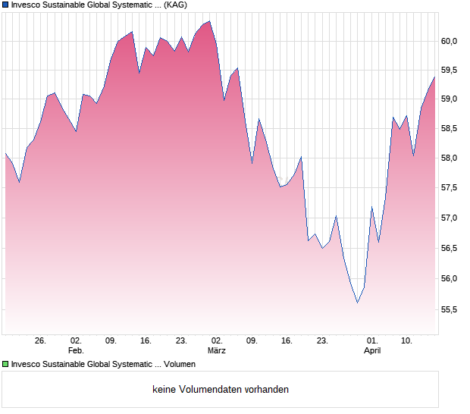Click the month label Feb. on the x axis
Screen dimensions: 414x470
coord(76,351)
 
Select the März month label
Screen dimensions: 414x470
coord(217,351)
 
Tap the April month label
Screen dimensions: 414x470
coord(372,351)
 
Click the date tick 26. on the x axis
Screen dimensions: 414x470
coord(41,341)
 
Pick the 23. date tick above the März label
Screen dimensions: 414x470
coord(181,341)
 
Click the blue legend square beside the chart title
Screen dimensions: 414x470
coord(5,5)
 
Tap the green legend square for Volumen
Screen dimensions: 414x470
coord(5,365)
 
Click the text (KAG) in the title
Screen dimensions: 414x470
coord(175,5)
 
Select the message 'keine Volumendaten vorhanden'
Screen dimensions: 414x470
coord(221,390)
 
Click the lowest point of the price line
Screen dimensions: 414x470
coord(358,303)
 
